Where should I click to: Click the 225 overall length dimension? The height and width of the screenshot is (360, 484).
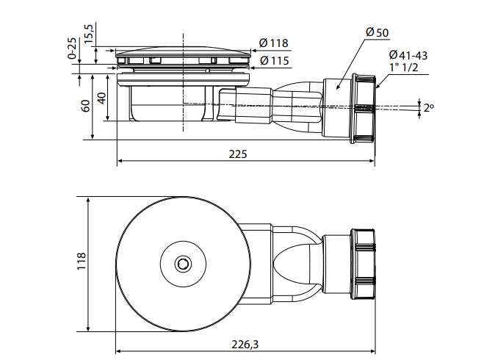[x=238, y=154]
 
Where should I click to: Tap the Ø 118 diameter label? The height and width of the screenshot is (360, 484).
[x=273, y=43]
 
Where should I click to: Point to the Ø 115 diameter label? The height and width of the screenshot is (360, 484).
[x=273, y=60]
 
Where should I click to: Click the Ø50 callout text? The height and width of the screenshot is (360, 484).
[x=377, y=32]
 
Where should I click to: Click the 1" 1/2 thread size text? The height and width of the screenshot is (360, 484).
[x=405, y=68]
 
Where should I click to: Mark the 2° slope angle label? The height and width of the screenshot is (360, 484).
[x=429, y=108]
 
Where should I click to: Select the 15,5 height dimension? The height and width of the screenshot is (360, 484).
[x=89, y=33]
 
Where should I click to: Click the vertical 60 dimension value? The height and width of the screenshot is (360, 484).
[x=86, y=105]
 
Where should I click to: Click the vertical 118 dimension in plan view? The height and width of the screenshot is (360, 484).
[x=81, y=262]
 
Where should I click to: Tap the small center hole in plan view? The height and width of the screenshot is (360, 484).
[x=181, y=263]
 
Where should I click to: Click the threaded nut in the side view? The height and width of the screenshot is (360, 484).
[x=364, y=109]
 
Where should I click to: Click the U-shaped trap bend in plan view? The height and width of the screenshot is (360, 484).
[x=297, y=262]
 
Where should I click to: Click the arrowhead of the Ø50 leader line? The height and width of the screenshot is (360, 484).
[x=338, y=88]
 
